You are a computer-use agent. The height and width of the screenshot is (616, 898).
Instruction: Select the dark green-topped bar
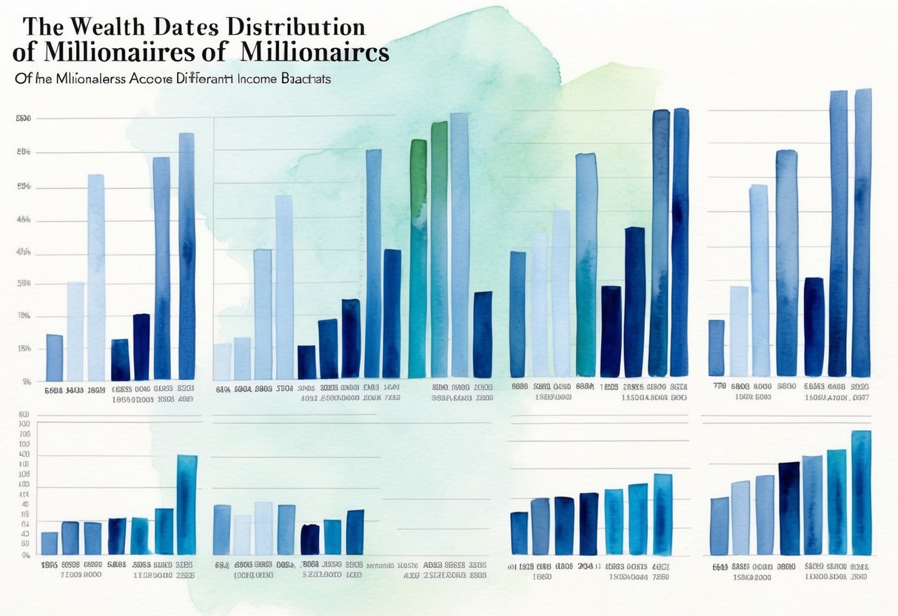click(x=418, y=259)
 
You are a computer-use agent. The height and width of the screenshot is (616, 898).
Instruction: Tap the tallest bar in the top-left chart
click(x=187, y=255)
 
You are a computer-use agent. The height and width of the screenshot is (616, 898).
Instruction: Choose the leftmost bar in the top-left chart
click(x=54, y=358)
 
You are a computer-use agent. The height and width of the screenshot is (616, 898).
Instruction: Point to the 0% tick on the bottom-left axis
click(x=25, y=555)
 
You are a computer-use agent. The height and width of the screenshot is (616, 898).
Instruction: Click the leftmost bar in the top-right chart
click(x=716, y=348)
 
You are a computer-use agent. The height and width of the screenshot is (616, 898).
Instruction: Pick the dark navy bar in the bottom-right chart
click(x=789, y=508)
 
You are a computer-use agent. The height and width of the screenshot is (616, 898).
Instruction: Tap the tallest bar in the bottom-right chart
click(x=861, y=492)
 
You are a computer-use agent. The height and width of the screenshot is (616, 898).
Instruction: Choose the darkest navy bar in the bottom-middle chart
click(x=310, y=540)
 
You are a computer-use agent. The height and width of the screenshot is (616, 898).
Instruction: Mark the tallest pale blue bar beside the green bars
click(x=460, y=244)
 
